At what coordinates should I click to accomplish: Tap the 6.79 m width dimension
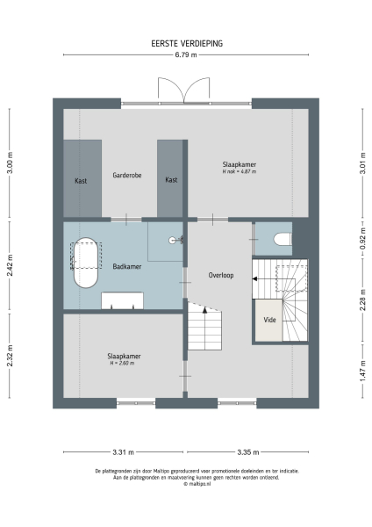(185, 54)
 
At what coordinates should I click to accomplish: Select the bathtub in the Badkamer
(85, 262)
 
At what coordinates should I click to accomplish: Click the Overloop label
(220, 275)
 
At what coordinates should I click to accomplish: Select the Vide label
(269, 321)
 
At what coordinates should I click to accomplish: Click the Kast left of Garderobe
(81, 180)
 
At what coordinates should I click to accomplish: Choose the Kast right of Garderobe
(171, 180)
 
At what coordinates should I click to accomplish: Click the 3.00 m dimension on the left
(11, 164)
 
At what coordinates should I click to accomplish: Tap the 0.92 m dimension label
(361, 239)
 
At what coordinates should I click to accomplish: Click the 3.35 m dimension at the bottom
(247, 453)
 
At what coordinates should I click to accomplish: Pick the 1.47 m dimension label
(361, 373)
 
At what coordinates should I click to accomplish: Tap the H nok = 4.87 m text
(239, 171)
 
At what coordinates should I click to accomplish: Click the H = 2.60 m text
(124, 363)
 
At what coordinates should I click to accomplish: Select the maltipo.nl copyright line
(185, 484)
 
